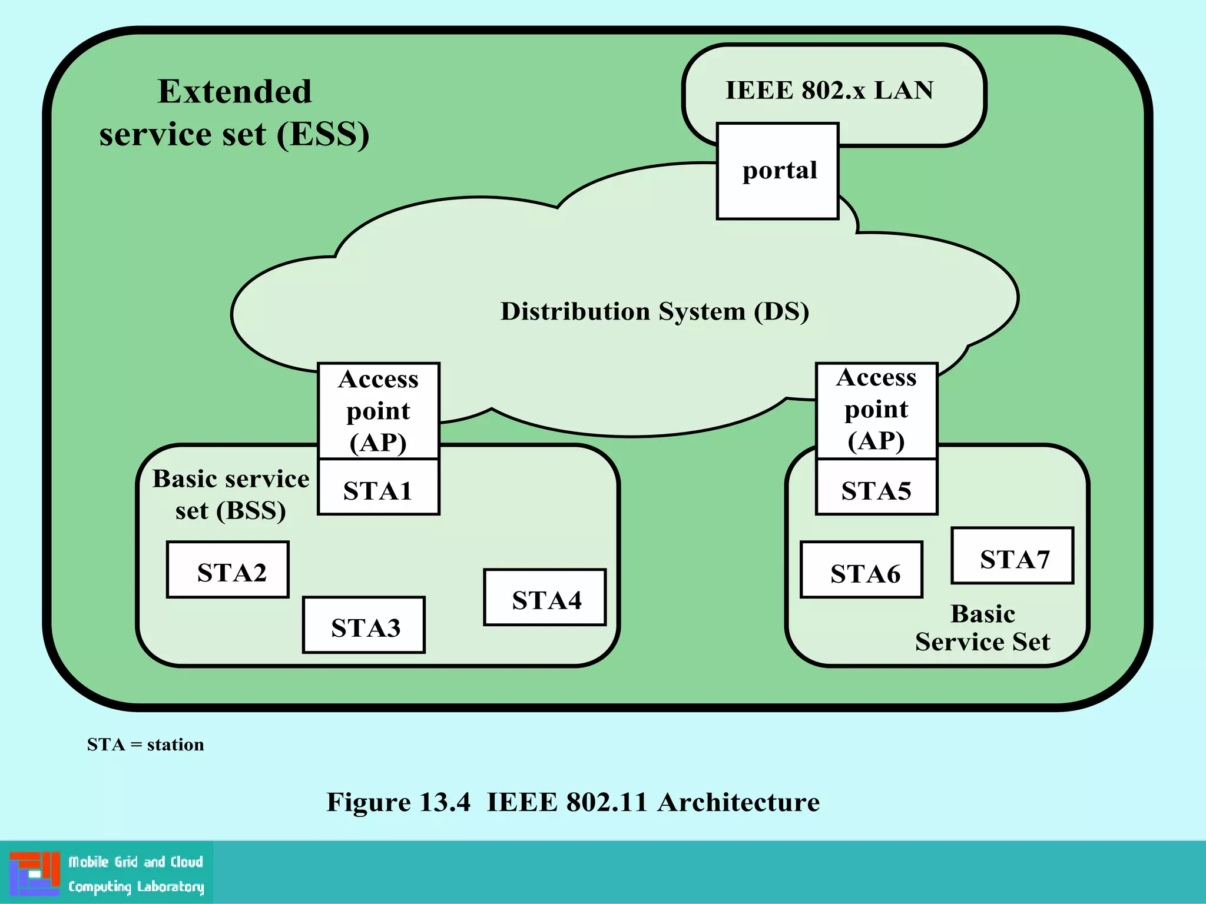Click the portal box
click(x=777, y=171)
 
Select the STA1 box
click(x=378, y=487)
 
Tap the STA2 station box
click(x=228, y=570)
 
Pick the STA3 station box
click(x=364, y=625)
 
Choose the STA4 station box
click(x=545, y=597)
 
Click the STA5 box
click(x=876, y=487)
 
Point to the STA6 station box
click(x=862, y=570)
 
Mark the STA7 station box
click(x=1013, y=556)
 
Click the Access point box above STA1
click(x=379, y=411)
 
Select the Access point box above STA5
click(x=876, y=410)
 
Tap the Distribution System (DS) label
click(x=655, y=311)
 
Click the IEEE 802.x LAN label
click(x=829, y=91)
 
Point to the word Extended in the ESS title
click(x=234, y=92)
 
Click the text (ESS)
click(x=323, y=134)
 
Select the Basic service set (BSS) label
click(x=231, y=494)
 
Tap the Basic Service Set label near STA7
click(x=982, y=628)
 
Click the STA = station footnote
click(x=145, y=745)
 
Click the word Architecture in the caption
click(x=738, y=802)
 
